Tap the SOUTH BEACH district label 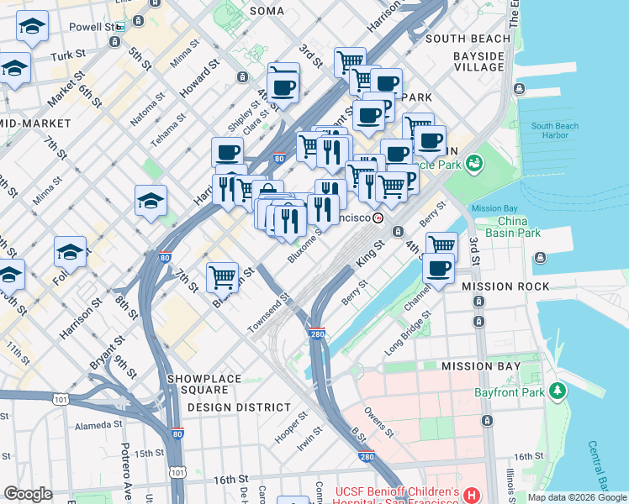(x=468, y=39)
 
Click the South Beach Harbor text (x=554, y=130)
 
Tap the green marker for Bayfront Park (x=556, y=391)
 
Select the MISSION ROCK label (x=505, y=286)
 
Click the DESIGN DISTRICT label (x=239, y=407)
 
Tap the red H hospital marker (x=471, y=496)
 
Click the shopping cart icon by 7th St (x=223, y=276)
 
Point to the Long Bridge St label (x=409, y=333)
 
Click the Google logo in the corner (x=28, y=494)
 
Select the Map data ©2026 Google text (x=577, y=497)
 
